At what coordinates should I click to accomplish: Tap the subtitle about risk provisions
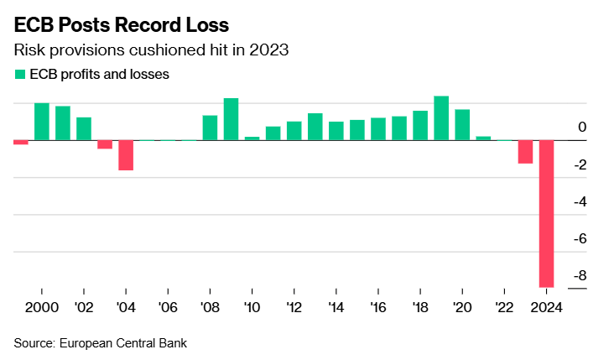pos(152,50)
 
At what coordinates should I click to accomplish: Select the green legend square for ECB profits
pos(19,74)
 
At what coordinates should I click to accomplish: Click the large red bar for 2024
pos(546,214)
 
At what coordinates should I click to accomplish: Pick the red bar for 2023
pos(525,152)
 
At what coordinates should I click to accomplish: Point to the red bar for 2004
pos(126,155)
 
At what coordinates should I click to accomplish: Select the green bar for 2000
pos(41,122)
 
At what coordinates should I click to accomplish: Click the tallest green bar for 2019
pos(441,118)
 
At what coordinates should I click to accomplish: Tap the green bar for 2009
pos(231,119)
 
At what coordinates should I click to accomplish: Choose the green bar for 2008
pos(210,128)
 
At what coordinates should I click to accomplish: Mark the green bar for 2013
pos(315,127)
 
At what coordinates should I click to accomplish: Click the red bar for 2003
pos(105,144)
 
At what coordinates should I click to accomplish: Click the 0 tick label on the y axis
pos(582,128)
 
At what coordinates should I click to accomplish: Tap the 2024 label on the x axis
pos(546,306)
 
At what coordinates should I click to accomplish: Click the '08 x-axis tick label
pos(210,306)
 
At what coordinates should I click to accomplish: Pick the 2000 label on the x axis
pos(41,306)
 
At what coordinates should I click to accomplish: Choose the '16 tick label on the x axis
pos(377,306)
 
